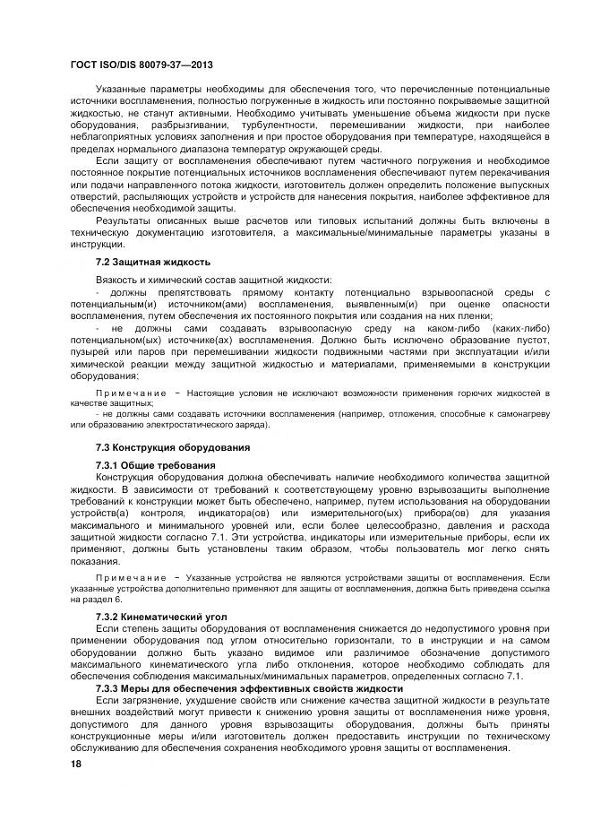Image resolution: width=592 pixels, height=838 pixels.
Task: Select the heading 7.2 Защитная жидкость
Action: click(152, 262)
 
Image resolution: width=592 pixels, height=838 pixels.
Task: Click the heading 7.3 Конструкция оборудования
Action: click(172, 446)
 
